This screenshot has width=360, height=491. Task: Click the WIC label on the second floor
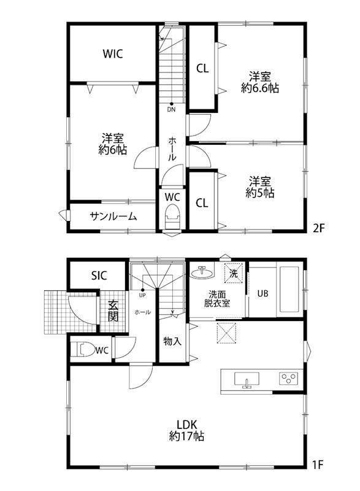click(112, 54)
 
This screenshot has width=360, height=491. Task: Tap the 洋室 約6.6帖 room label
click(261, 82)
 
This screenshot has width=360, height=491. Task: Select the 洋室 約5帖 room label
click(260, 187)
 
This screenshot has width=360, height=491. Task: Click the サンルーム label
click(113, 216)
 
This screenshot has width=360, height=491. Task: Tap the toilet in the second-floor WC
click(172, 218)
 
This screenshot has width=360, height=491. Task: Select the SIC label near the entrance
click(99, 276)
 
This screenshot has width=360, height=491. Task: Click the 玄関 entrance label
click(113, 311)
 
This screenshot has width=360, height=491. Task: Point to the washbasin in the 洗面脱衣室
click(201, 272)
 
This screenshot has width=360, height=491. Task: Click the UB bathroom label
click(263, 293)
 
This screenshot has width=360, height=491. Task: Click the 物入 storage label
click(172, 341)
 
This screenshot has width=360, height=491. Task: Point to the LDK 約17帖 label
click(186, 430)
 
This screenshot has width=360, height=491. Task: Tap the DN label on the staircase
click(172, 110)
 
